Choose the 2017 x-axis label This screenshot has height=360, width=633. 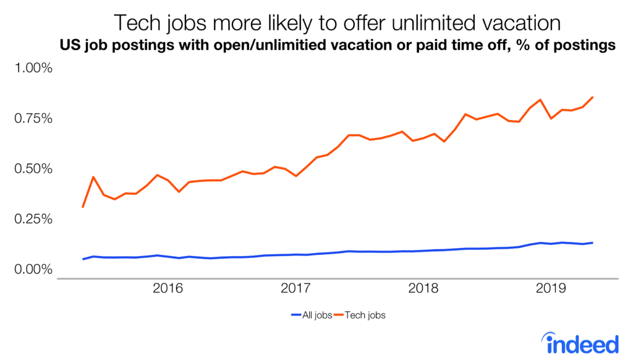[295, 288]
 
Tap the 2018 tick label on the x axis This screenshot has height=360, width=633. [423, 288]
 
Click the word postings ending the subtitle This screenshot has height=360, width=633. [584, 45]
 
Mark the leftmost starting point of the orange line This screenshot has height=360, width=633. [83, 207]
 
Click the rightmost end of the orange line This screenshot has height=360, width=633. [593, 97]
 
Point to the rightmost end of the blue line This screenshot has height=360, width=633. [593, 242]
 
